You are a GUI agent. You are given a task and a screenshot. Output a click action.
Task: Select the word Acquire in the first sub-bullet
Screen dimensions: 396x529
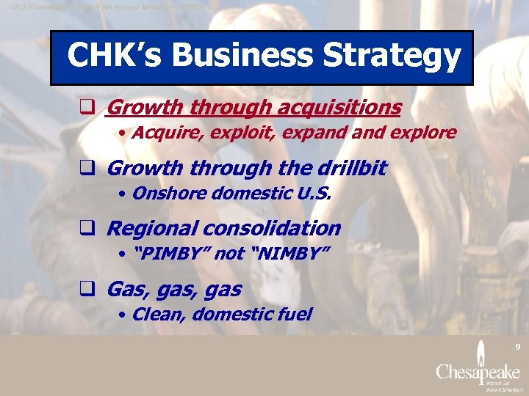(164, 133)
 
